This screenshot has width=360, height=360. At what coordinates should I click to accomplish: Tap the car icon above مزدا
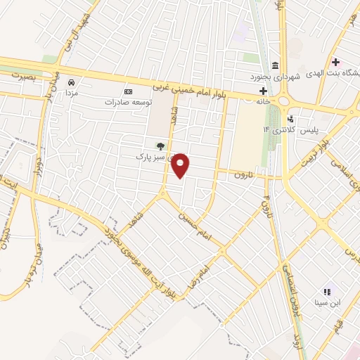[x=71, y=82]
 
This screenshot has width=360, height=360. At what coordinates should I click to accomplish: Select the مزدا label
[x=71, y=92]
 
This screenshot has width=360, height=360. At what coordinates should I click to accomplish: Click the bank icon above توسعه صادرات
[x=128, y=91]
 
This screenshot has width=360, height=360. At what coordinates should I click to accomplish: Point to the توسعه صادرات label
[x=128, y=101]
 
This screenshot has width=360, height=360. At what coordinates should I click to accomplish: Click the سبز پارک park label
[x=151, y=157]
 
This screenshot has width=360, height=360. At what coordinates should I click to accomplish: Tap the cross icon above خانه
[x=263, y=91]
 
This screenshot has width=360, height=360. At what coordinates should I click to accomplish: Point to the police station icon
[x=290, y=119]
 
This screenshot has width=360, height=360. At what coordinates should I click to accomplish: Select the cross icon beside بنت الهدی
[x=336, y=63]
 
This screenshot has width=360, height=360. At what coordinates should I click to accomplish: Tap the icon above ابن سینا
[x=326, y=291]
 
